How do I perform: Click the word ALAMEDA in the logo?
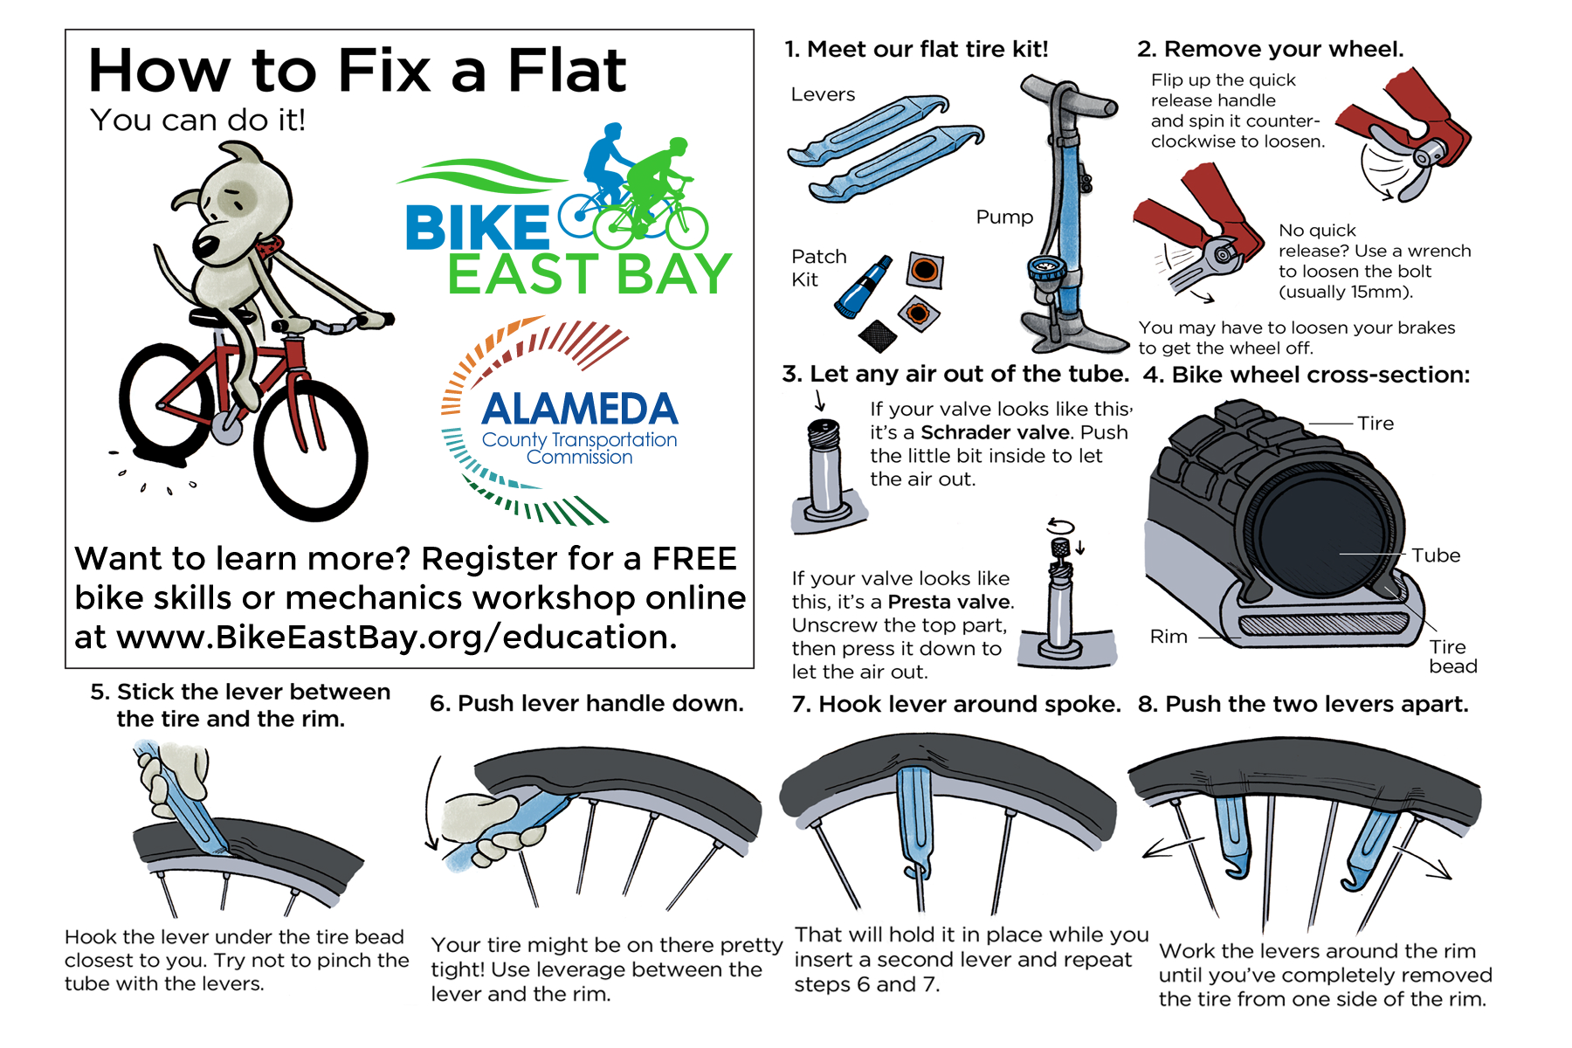(x=580, y=409)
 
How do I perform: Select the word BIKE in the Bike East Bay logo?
(x=477, y=227)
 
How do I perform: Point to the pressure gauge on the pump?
(x=1044, y=268)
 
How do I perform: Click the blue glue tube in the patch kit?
(x=863, y=287)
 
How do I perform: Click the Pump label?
(x=1004, y=217)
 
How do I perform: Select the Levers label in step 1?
(x=823, y=94)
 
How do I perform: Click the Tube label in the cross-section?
(x=1436, y=555)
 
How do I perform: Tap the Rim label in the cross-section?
(x=1169, y=637)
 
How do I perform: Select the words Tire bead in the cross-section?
(x=1453, y=657)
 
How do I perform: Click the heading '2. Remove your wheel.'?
(x=1271, y=49)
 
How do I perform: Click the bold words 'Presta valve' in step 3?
(x=950, y=602)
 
